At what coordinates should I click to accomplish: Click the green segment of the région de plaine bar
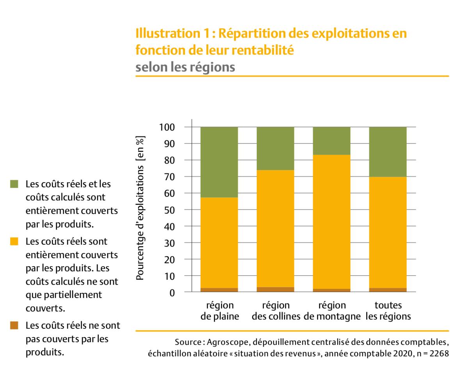(x=219, y=162)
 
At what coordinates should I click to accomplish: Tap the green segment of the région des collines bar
(x=275, y=148)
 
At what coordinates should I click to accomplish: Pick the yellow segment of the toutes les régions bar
(x=388, y=232)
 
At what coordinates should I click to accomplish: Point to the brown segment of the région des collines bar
(x=275, y=289)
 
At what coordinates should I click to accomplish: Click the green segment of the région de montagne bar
(x=331, y=141)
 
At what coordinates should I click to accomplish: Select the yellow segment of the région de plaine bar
(x=219, y=242)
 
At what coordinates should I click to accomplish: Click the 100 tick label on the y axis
(x=167, y=127)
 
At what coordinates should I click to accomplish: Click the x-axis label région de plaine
(x=219, y=310)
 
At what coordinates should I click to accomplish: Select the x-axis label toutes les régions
(x=388, y=310)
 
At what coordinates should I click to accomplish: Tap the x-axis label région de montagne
(x=332, y=310)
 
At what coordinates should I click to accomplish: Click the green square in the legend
(x=14, y=183)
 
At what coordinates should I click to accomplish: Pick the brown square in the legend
(x=14, y=325)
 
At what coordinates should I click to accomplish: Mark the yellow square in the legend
(x=14, y=242)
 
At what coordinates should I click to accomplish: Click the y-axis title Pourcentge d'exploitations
(x=141, y=207)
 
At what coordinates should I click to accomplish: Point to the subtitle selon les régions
(x=185, y=67)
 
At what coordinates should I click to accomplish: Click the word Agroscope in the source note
(x=228, y=343)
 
